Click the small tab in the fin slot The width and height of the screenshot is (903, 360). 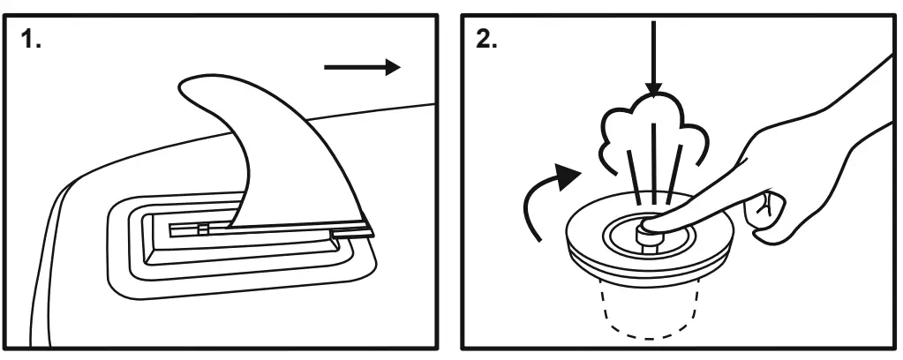point(202,229)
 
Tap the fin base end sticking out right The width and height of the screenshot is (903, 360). point(353,234)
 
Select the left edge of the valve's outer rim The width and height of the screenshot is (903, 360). point(567,231)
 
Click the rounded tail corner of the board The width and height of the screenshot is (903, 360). point(66,203)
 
